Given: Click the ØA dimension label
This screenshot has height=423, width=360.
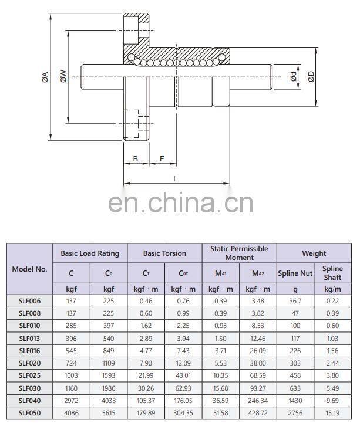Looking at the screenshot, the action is [x=45, y=76].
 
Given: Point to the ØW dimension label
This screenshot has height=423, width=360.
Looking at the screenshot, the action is [x=63, y=76].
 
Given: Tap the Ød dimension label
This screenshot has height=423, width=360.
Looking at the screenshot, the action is [x=293, y=76].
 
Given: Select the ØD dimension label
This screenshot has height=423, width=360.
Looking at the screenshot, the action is [x=311, y=76].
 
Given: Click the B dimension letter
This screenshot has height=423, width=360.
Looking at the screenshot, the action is [x=135, y=159].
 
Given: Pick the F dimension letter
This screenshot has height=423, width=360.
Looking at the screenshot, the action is [x=162, y=159].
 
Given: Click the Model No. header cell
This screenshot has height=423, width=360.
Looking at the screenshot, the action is [x=29, y=269].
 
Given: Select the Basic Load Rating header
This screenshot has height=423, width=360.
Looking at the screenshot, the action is [x=90, y=253].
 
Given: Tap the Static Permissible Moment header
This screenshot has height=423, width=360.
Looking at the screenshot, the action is [x=239, y=253].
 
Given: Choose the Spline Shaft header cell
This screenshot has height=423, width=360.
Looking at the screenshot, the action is [x=332, y=273].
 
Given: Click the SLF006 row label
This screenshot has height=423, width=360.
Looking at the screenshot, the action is [x=29, y=300].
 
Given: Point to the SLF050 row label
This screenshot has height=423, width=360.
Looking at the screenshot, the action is [x=29, y=413].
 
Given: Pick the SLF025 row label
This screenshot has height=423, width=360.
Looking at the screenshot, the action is [x=29, y=375].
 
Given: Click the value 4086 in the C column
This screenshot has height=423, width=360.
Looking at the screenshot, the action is [x=71, y=413].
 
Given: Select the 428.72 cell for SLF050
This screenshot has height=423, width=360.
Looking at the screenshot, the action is [x=258, y=413].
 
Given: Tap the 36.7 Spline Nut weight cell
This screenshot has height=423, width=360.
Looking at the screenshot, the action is [x=295, y=300].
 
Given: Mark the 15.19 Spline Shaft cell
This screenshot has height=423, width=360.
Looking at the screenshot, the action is [x=332, y=413].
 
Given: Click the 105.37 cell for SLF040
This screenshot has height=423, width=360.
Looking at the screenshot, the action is [x=146, y=401].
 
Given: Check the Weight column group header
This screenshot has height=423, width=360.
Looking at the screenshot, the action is [x=314, y=253].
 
